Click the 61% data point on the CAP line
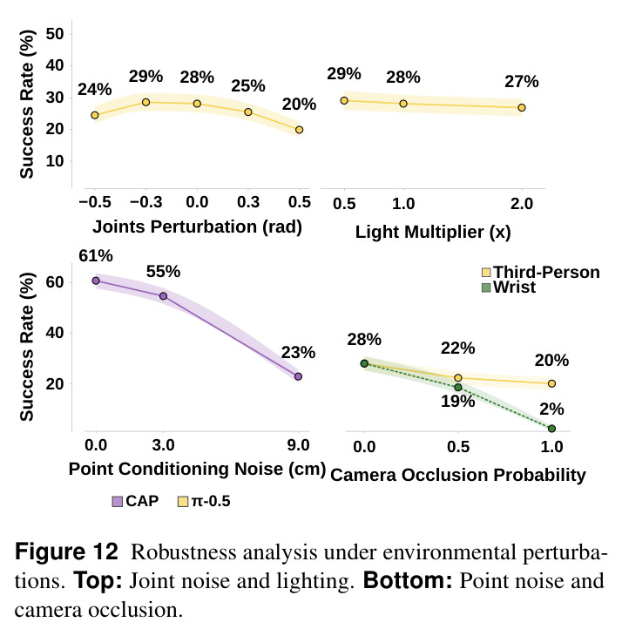(96, 281)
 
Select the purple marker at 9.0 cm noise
(299, 377)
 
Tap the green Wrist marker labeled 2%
(551, 429)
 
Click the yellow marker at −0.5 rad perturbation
(95, 115)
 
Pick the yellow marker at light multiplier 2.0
(522, 107)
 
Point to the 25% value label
(248, 86)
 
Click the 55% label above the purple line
(164, 271)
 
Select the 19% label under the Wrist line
(457, 401)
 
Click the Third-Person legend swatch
(486, 273)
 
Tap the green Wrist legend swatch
(486, 288)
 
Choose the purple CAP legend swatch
(118, 502)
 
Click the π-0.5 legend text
(211, 501)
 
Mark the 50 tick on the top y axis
(55, 34)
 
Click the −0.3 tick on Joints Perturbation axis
(146, 202)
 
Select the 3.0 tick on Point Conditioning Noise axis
(164, 445)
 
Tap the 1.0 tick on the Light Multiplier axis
(403, 204)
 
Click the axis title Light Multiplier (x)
(433, 233)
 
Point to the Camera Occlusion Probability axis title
(458, 475)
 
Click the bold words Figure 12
(66, 552)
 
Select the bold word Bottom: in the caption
(408, 581)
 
